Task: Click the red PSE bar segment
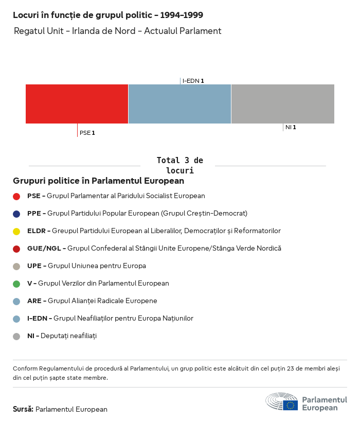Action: tap(77, 104)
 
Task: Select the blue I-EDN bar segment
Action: tap(179, 104)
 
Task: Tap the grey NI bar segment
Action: tap(282, 104)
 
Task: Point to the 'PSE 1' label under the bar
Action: tap(87, 133)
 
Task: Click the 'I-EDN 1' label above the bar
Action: tap(193, 81)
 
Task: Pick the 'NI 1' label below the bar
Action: tap(291, 127)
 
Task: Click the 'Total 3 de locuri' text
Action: tap(179, 165)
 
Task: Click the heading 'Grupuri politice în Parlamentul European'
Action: tap(99, 181)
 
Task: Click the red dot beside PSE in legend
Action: tap(16, 196)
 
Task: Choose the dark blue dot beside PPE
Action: tap(16, 214)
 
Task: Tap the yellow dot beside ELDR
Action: tap(16, 231)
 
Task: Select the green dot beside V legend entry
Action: tap(16, 284)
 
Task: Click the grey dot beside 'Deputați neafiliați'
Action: tap(16, 336)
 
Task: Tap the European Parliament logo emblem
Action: tap(282, 401)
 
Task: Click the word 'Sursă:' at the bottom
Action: tap(23, 409)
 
